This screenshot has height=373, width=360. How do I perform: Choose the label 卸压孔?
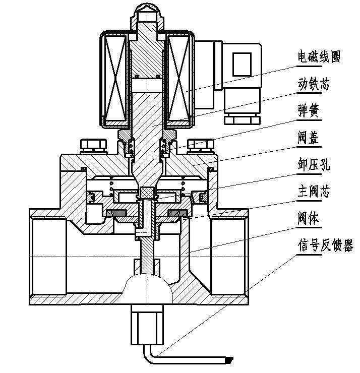tap(313, 166)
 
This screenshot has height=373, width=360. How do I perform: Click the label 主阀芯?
tap(313, 193)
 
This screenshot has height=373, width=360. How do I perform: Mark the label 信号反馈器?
tap(325, 246)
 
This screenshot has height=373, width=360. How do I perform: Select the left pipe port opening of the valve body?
tap(48, 257)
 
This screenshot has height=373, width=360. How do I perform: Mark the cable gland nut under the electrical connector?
tap(242, 118)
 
